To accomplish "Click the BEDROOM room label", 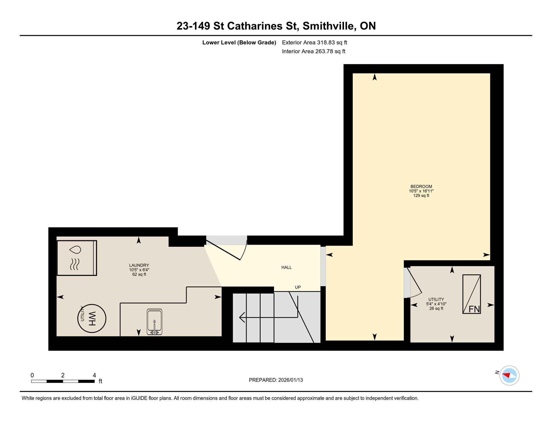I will tap(421, 187).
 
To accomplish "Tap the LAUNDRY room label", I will tap(139, 265).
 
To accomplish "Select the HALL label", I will tap(286, 268).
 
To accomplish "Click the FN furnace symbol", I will tap(471, 294).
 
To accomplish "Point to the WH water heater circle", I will tap(92, 318).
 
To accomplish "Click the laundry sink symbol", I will tap(154, 322).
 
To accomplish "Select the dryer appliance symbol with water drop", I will tap(77, 258).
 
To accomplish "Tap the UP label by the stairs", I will tap(298, 287).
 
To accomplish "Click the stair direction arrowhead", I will tap(242, 317).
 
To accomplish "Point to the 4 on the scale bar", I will tap(94, 375).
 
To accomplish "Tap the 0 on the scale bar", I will tap(32, 375).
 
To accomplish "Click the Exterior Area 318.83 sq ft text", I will tap(314, 42).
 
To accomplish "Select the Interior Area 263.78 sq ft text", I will tap(313, 51).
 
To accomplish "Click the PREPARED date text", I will tap(276, 380).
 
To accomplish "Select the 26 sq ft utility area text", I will tap(436, 308).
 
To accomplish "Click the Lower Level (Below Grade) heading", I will tap(239, 42).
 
